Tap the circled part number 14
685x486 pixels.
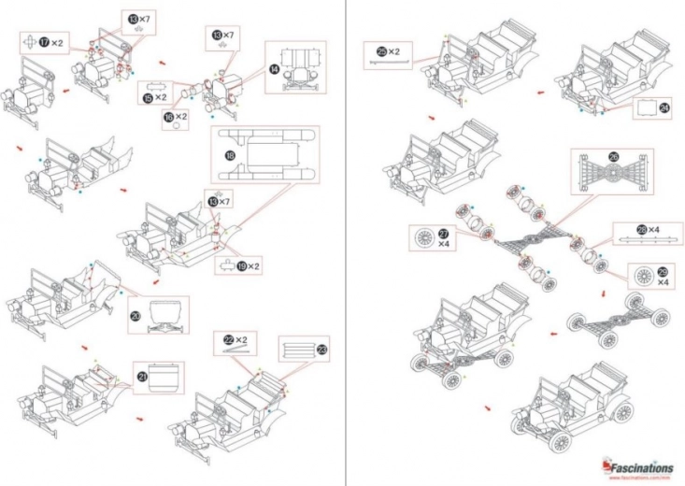point(274,68)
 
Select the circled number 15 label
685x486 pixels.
point(148,97)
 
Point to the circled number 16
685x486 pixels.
point(169,118)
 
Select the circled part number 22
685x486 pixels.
point(227,339)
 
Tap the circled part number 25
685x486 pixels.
point(381,51)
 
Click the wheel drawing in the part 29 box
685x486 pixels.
point(641,277)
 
